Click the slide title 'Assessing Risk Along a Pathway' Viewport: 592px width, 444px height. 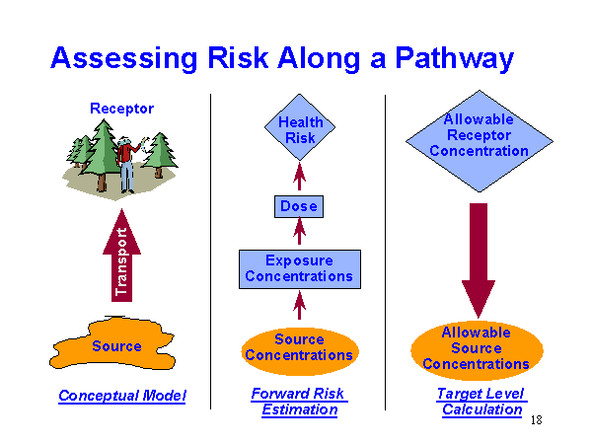pos(281,58)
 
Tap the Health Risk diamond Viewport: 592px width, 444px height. pos(300,130)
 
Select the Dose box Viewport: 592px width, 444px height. pos(299,207)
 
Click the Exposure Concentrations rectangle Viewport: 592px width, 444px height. pos(299,268)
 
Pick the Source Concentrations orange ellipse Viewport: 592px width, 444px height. pos(299,347)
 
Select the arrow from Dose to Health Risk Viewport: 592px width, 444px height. pos(299,178)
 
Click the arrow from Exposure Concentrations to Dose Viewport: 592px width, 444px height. pos(299,233)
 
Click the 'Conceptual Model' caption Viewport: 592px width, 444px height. pos(121,397)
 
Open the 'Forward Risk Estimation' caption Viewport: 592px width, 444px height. pos(299,402)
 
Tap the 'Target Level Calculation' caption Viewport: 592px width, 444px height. pos(481,402)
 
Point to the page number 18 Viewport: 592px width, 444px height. pos(537,421)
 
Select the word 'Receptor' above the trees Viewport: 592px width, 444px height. pos(121,109)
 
